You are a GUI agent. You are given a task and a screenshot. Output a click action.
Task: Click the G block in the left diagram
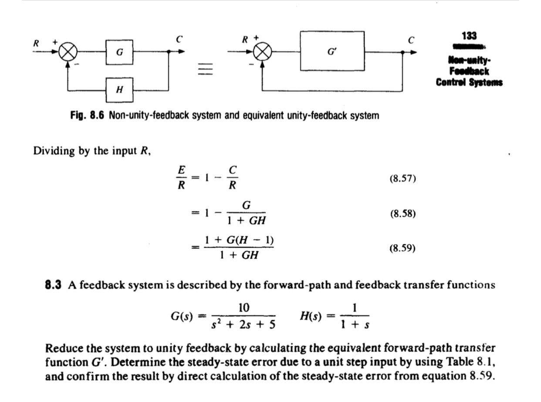(119, 51)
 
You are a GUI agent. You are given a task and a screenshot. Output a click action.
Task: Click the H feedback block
(119, 90)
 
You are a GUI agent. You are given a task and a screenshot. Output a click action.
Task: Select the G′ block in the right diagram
(332, 51)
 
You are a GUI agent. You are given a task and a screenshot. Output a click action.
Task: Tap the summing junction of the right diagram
(262, 52)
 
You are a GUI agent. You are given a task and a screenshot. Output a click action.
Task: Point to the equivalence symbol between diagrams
(205, 69)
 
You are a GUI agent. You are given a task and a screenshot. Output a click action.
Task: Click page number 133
(469, 35)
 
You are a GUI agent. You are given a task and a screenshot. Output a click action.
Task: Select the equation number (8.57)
(402, 178)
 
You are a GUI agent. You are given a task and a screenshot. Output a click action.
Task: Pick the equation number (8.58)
(402, 213)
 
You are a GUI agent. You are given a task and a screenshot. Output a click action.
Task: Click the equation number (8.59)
(402, 248)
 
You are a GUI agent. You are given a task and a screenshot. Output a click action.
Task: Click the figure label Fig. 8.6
(87, 116)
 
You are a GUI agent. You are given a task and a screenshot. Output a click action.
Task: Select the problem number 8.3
(53, 285)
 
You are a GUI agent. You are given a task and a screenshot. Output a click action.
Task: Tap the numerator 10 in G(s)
(243, 308)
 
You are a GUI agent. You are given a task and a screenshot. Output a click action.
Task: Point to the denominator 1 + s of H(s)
(355, 325)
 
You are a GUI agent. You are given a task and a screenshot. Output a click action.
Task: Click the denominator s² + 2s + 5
(243, 325)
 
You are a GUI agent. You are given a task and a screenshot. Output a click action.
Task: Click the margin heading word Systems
(486, 82)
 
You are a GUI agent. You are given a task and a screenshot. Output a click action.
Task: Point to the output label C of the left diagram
(179, 39)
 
